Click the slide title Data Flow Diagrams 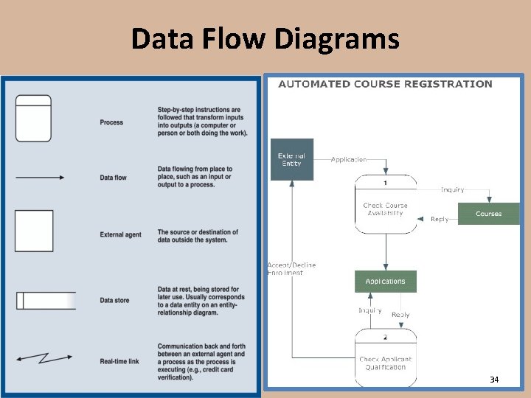click(x=265, y=38)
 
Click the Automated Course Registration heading click(x=385, y=84)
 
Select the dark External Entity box click(x=292, y=159)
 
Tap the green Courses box click(x=488, y=214)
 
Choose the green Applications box click(x=385, y=281)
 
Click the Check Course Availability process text click(x=385, y=209)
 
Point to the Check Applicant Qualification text click(x=385, y=363)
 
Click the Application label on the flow click(x=349, y=159)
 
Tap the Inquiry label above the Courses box click(x=453, y=189)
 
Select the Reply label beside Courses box click(x=440, y=219)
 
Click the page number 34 click(x=494, y=380)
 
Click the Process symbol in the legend click(x=34, y=118)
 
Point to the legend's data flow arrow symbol click(x=40, y=177)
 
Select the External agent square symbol click(x=34, y=231)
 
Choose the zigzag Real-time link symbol click(x=43, y=358)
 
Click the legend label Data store click(x=114, y=301)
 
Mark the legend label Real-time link click(x=119, y=361)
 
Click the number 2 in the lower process click(x=385, y=337)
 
